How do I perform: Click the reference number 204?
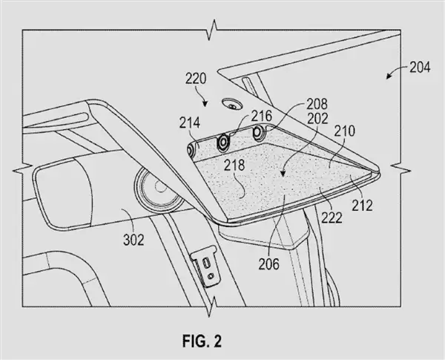click(420, 68)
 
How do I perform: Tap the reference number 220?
click(196, 79)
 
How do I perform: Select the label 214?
click(190, 124)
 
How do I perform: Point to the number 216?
click(261, 116)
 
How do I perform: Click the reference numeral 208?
click(317, 104)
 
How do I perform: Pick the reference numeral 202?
click(317, 119)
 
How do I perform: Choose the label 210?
click(345, 131)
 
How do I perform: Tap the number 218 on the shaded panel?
click(234, 165)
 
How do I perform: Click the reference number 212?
click(363, 206)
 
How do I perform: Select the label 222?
click(332, 218)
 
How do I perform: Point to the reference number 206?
click(268, 264)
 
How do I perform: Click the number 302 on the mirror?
click(133, 240)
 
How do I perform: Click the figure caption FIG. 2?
click(202, 341)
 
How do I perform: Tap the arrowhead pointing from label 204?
click(388, 76)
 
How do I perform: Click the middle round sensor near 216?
click(222, 141)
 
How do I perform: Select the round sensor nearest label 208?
click(259, 132)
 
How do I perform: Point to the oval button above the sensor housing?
click(232, 105)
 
